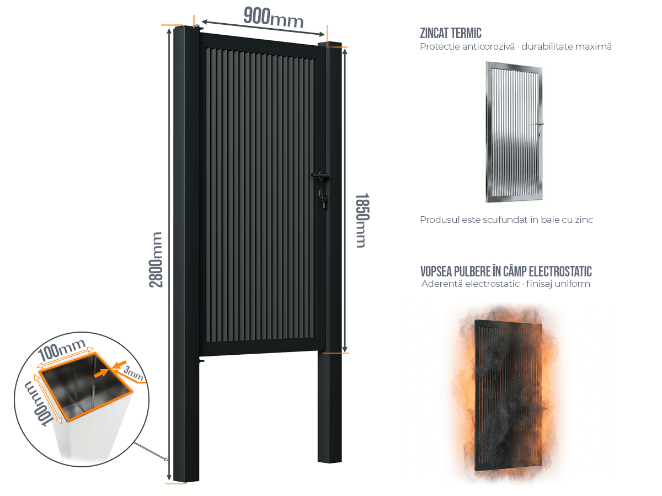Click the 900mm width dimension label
[273, 18]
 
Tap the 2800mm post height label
[156, 260]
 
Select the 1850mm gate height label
[362, 220]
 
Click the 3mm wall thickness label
[134, 373]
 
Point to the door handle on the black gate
[320, 176]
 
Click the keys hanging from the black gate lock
[323, 202]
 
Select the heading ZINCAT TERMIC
[451, 33]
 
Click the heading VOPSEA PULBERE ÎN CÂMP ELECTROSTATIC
[506, 271]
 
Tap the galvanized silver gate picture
[514, 132]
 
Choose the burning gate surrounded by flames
[508, 396]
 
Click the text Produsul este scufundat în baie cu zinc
[506, 220]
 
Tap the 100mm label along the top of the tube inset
[62, 350]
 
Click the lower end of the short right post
[330, 461]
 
